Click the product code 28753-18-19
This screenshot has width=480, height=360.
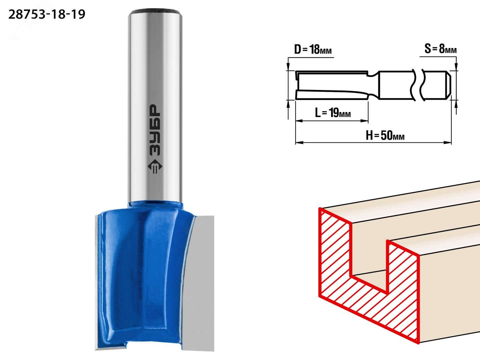[47, 15]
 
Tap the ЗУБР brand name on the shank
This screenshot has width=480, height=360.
[155, 130]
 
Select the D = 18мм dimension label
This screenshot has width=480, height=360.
[313, 49]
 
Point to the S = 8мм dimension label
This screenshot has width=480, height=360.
[440, 49]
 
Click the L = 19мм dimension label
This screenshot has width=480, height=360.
[333, 113]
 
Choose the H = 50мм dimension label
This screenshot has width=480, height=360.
[385, 135]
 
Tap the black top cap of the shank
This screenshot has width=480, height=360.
[155, 12]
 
